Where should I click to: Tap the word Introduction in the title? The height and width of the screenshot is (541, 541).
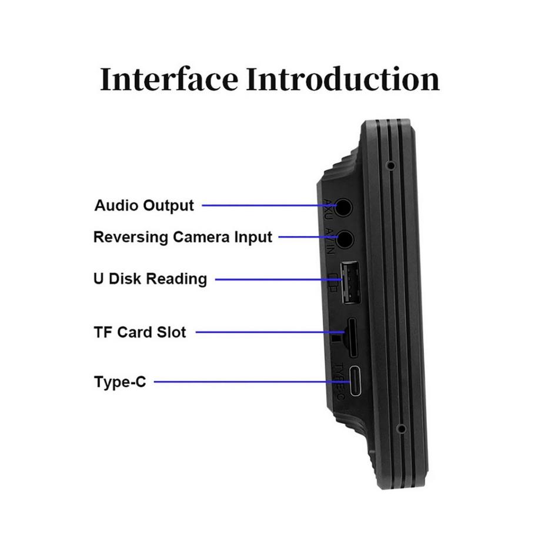pyautogui.click(x=342, y=79)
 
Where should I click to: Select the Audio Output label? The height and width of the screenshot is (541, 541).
pyautogui.click(x=144, y=205)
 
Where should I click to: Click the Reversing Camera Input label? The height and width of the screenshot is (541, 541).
pyautogui.click(x=183, y=237)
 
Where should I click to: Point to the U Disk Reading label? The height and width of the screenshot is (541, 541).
pyautogui.click(x=150, y=278)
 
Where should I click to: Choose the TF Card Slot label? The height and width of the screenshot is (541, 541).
pyautogui.click(x=140, y=332)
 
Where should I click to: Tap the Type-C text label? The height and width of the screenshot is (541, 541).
pyautogui.click(x=120, y=382)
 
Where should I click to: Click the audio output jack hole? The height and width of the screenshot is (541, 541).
pyautogui.click(x=343, y=207)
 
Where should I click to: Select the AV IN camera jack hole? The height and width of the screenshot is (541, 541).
pyautogui.click(x=343, y=239)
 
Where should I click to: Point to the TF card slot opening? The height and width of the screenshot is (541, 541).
pyautogui.click(x=351, y=337)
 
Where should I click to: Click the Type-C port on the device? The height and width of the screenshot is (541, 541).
pyautogui.click(x=357, y=382)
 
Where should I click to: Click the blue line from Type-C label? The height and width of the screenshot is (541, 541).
pyautogui.click(x=247, y=382)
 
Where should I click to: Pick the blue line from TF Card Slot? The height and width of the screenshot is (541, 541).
pyautogui.click(x=265, y=332)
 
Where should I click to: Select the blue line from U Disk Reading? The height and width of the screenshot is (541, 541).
pyautogui.click(x=276, y=279)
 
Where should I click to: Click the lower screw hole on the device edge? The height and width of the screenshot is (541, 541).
pyautogui.click(x=400, y=428)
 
